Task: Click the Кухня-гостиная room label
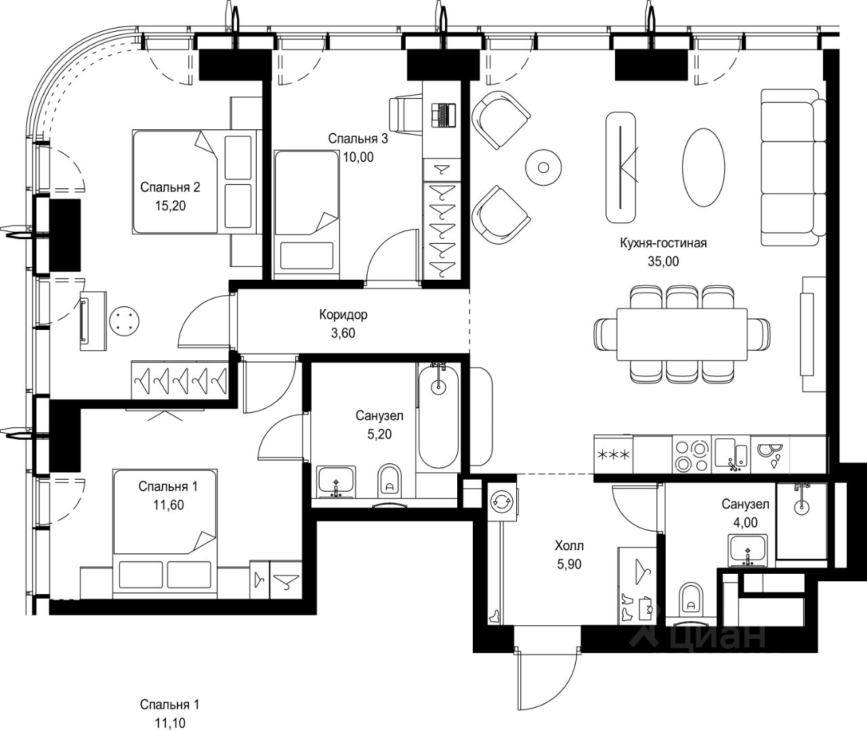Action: (663, 243)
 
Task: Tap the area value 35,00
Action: (663, 262)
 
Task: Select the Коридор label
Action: (343, 315)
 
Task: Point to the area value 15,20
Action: (170, 205)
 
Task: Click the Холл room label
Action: (569, 545)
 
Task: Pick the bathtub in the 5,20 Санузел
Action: (438, 416)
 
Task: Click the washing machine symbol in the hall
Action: (502, 502)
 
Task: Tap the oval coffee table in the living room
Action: (703, 167)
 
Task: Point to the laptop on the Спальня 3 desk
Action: (444, 115)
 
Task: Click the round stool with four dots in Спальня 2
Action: (124, 321)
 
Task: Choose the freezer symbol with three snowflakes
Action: (613, 455)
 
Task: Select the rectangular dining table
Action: (682, 334)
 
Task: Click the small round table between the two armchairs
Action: (543, 167)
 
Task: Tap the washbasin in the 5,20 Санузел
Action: (336, 482)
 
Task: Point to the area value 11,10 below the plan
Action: (170, 723)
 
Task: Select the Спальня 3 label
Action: (358, 138)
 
